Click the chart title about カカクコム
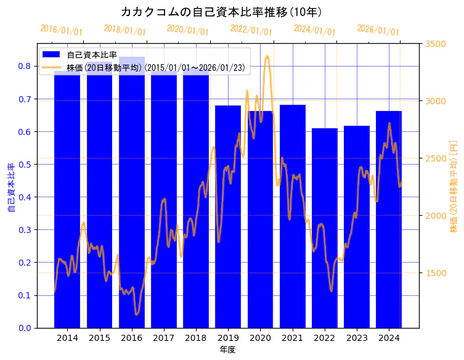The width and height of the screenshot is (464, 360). coord(221,12)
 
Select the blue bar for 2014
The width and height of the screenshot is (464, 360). coord(67,203)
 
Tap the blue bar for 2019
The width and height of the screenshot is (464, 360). coord(228,216)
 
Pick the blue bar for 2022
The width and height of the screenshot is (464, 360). coord(325,228)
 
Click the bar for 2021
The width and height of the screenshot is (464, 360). coord(293,216)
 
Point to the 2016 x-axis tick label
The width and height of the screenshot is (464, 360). coord(132,338)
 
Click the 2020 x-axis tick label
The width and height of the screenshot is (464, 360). coord(260,338)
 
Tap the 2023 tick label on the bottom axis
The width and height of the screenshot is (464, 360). coord(357,338)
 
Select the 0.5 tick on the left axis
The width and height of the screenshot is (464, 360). coord(25,165)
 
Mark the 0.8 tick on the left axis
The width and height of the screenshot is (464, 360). coord(25,67)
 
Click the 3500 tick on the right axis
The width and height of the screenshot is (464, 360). coord(436,44)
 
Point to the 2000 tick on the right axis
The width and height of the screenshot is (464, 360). coord(436,216)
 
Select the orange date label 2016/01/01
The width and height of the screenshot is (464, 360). coord(61,30)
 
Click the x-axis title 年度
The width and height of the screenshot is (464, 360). coord(227,350)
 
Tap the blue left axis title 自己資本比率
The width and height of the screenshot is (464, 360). coord(11,188)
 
